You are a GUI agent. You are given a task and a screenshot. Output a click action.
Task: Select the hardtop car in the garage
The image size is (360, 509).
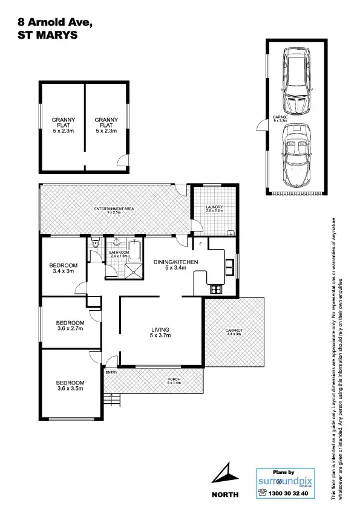[x=296, y=83]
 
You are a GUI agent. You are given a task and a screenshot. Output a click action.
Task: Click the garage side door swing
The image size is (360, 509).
[x=261, y=125]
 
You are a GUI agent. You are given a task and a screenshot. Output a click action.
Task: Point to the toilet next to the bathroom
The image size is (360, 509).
[x=96, y=245]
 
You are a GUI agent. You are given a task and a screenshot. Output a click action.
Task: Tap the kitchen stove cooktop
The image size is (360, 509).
[x=215, y=289]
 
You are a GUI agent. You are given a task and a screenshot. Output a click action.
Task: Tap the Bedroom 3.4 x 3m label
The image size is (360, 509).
[x=64, y=268]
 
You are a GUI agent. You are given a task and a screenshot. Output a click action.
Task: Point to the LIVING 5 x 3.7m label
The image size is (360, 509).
[x=161, y=332]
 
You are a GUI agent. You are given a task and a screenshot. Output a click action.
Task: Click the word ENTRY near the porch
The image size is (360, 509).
[x=111, y=372]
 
